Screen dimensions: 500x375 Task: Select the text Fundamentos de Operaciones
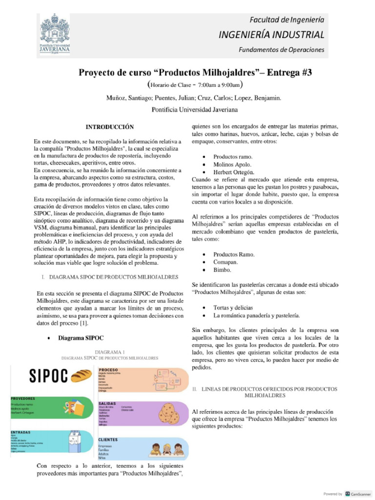[x=281, y=50]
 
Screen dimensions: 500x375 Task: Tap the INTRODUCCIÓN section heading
[x=109, y=127]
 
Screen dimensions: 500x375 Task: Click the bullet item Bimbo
[x=222, y=270]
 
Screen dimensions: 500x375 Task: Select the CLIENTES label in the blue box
[x=111, y=439]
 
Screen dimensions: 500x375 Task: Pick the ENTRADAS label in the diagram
[x=21, y=433]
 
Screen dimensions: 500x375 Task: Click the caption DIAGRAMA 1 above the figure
[x=110, y=351]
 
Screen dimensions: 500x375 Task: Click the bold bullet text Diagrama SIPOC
[x=81, y=337]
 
